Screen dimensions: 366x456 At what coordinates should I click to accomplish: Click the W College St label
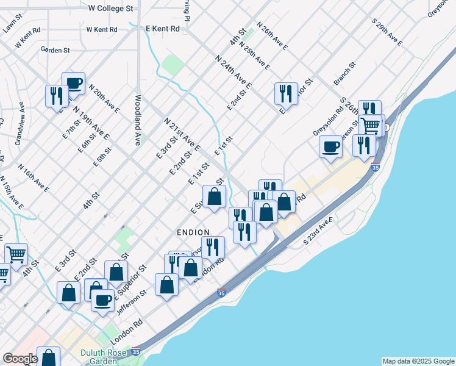click(x=110, y=9)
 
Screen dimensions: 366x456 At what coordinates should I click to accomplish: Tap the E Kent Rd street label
click(x=163, y=29)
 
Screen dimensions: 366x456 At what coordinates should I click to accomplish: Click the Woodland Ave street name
click(x=138, y=120)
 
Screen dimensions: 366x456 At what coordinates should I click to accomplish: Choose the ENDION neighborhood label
click(x=193, y=232)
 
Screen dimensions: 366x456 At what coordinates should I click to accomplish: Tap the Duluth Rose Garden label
click(x=102, y=356)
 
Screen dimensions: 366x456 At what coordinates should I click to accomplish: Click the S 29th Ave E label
click(x=387, y=32)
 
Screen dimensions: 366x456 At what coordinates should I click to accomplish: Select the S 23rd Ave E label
click(x=319, y=231)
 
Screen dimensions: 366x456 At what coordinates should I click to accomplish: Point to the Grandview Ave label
click(x=21, y=123)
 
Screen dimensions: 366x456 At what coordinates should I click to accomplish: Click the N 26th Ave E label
click(x=272, y=36)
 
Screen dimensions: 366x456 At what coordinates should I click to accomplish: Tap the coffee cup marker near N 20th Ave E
click(x=73, y=83)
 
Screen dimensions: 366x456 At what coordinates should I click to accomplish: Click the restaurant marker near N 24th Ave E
click(x=286, y=93)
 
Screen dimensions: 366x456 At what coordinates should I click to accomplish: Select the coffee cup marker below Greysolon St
click(x=330, y=146)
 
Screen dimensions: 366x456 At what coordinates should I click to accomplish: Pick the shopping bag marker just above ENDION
click(x=214, y=196)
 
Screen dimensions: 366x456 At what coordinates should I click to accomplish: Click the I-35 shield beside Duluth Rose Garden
click(x=135, y=353)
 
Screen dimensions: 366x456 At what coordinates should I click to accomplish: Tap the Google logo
click(x=20, y=359)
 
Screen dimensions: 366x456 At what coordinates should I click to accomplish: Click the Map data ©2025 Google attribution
click(x=418, y=361)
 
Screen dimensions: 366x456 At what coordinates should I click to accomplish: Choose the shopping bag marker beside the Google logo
click(x=48, y=356)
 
